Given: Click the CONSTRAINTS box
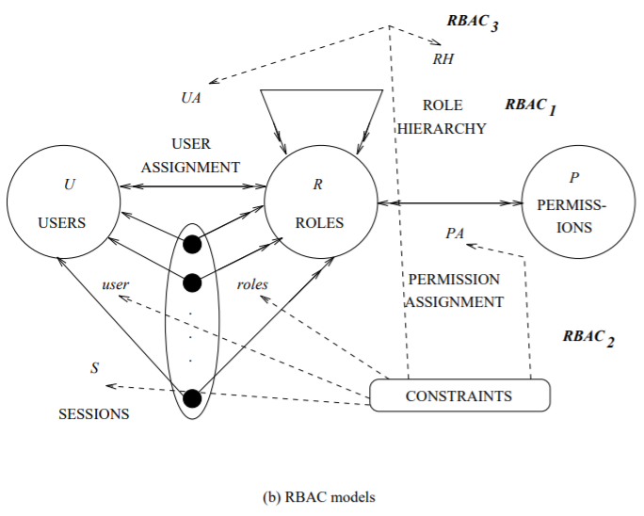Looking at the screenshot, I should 459,395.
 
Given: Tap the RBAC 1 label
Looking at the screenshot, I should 530,105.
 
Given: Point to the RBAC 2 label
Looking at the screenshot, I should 588,337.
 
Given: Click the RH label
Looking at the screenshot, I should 443,59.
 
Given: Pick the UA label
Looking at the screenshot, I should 191,97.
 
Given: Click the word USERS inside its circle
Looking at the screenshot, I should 62,223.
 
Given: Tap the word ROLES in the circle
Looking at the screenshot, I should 318,223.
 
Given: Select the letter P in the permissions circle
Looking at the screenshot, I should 573,177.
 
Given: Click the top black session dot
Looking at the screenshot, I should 192,245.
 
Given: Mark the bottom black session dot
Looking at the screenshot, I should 192,398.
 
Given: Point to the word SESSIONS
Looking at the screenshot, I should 94,413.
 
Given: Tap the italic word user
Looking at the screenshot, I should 115,283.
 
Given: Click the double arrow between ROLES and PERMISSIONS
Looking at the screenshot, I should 449,202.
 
